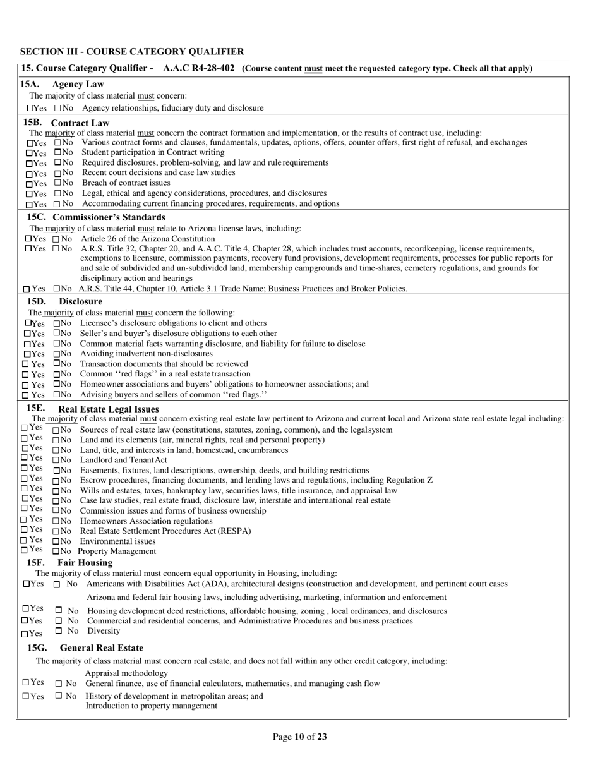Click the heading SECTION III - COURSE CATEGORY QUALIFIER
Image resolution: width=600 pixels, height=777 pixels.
(132, 52)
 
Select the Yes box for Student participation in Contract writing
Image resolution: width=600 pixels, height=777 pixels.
(29, 153)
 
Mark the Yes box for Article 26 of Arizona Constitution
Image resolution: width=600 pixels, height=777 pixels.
(28, 239)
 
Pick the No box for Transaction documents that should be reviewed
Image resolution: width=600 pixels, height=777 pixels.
(57, 363)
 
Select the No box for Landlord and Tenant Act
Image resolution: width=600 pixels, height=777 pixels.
(56, 461)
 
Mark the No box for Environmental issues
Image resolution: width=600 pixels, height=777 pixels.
(56, 542)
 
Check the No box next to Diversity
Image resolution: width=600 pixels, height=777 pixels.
(59, 630)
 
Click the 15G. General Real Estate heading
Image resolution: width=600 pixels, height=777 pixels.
(85, 648)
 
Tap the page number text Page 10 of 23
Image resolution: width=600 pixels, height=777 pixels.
(299, 737)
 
